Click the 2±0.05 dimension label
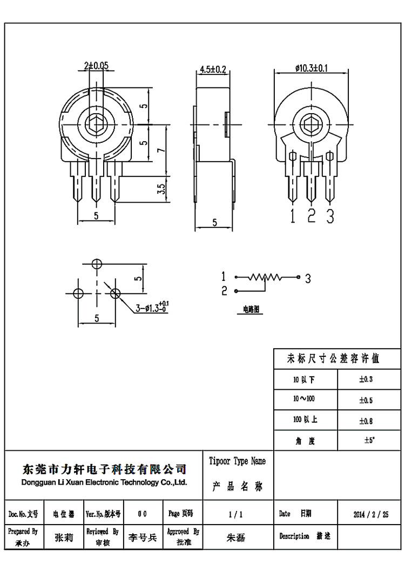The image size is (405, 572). tap(96, 65)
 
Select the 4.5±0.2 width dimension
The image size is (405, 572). tap(213, 69)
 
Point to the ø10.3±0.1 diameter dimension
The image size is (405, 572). tap(313, 68)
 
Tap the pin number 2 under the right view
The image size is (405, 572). tap(311, 216)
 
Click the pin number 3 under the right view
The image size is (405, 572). tap(330, 216)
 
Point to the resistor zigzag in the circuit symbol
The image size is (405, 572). tap(265, 277)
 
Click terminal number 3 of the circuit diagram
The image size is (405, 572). tap(308, 278)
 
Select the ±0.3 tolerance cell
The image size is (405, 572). tap(366, 379)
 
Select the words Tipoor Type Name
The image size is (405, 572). tap(237, 461)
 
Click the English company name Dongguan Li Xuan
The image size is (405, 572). tap(103, 482)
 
